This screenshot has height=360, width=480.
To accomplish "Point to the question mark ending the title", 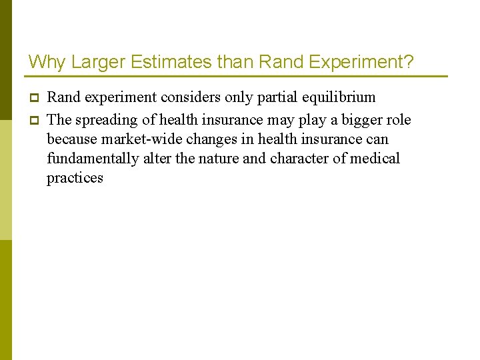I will (409, 63).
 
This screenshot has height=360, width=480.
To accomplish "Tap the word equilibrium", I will (339, 97).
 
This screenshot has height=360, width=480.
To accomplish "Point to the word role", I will (399, 120).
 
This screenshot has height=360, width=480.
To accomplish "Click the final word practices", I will (75, 178).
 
